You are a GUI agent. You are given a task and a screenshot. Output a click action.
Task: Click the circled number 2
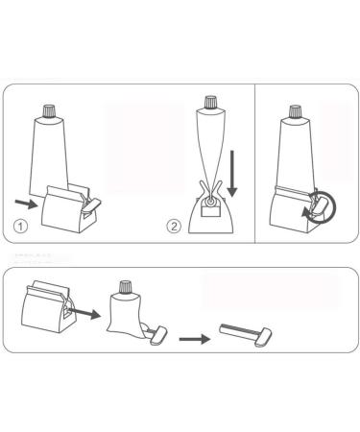pos(174,228)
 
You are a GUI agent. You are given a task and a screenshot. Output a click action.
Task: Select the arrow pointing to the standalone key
pos(196,338)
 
